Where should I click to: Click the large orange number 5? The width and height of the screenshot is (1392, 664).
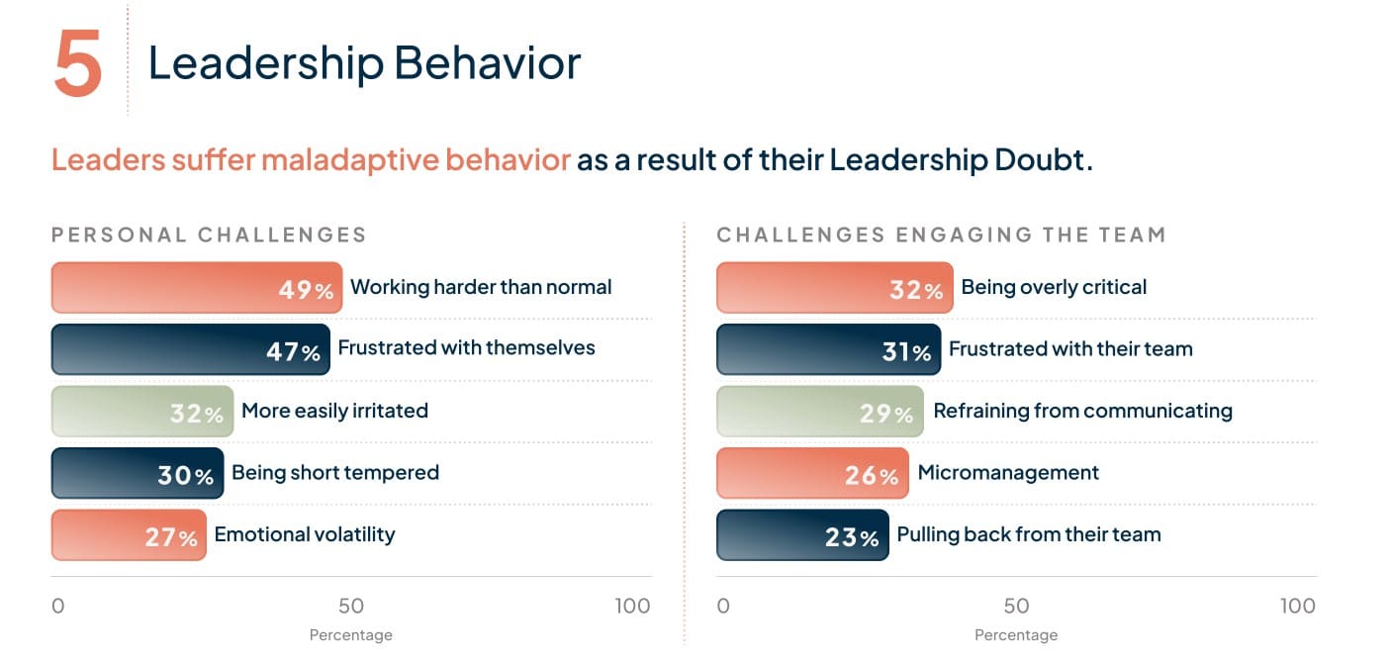(78, 62)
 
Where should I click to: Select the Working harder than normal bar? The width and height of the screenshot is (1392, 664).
(196, 288)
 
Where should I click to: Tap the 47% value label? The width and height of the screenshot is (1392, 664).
(293, 351)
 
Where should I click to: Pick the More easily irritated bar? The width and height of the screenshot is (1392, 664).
(141, 412)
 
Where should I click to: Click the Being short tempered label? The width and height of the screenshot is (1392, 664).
(334, 472)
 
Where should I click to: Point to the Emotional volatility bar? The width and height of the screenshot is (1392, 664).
(128, 535)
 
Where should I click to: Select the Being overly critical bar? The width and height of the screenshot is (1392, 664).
(834, 288)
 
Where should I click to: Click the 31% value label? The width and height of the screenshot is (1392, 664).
(906, 351)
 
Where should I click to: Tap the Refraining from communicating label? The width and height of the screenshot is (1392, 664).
(1082, 411)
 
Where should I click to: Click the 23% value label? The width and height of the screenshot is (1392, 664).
(852, 537)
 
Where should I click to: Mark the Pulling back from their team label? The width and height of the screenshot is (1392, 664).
(1028, 534)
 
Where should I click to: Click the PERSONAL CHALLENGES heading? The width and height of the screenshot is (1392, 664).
(209, 235)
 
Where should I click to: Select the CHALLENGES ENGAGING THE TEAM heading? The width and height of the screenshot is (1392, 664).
(941, 235)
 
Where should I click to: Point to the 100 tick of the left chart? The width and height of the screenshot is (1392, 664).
(632, 606)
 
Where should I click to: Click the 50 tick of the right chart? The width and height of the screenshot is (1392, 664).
(1016, 606)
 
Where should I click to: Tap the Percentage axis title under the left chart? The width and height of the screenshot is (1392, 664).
(351, 635)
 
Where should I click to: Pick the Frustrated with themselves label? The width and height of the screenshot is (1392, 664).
(466, 347)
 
